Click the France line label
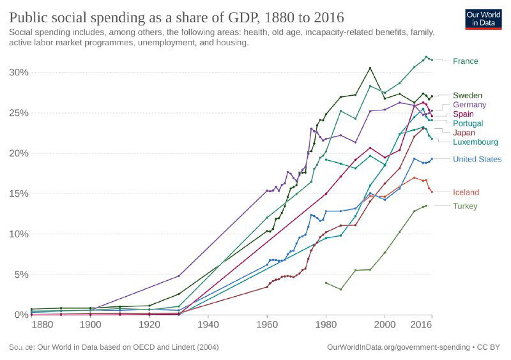coord(465,61)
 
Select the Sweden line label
coord(468,96)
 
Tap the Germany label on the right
coord(469,105)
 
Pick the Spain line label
coord(463,114)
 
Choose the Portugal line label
coord(468,123)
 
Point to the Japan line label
coord(464,133)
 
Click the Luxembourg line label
coord(476,142)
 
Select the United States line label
coord(477,160)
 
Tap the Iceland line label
coord(466,193)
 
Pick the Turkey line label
coord(465,206)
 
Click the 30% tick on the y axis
coord(19,72)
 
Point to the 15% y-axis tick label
coord(19,193)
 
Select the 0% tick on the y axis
coord(21,315)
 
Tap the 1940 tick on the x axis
coord(208,326)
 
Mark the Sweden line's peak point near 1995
coord(370,68)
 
